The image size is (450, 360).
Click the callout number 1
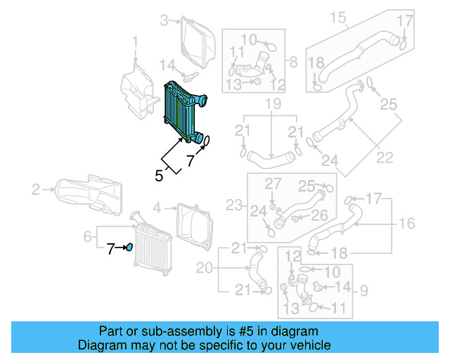tap(136, 46)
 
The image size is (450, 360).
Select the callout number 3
tap(165, 21)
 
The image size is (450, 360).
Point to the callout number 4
tap(157, 207)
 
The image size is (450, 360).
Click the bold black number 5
tap(159, 176)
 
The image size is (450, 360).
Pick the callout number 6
tap(87, 238)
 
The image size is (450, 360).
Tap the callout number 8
tap(293, 60)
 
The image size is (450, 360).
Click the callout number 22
tap(385, 156)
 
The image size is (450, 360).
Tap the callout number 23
tap(233, 206)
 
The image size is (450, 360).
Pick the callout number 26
tap(320, 214)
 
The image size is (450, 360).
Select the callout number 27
tap(273, 184)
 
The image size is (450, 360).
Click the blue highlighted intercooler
tap(183, 111)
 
